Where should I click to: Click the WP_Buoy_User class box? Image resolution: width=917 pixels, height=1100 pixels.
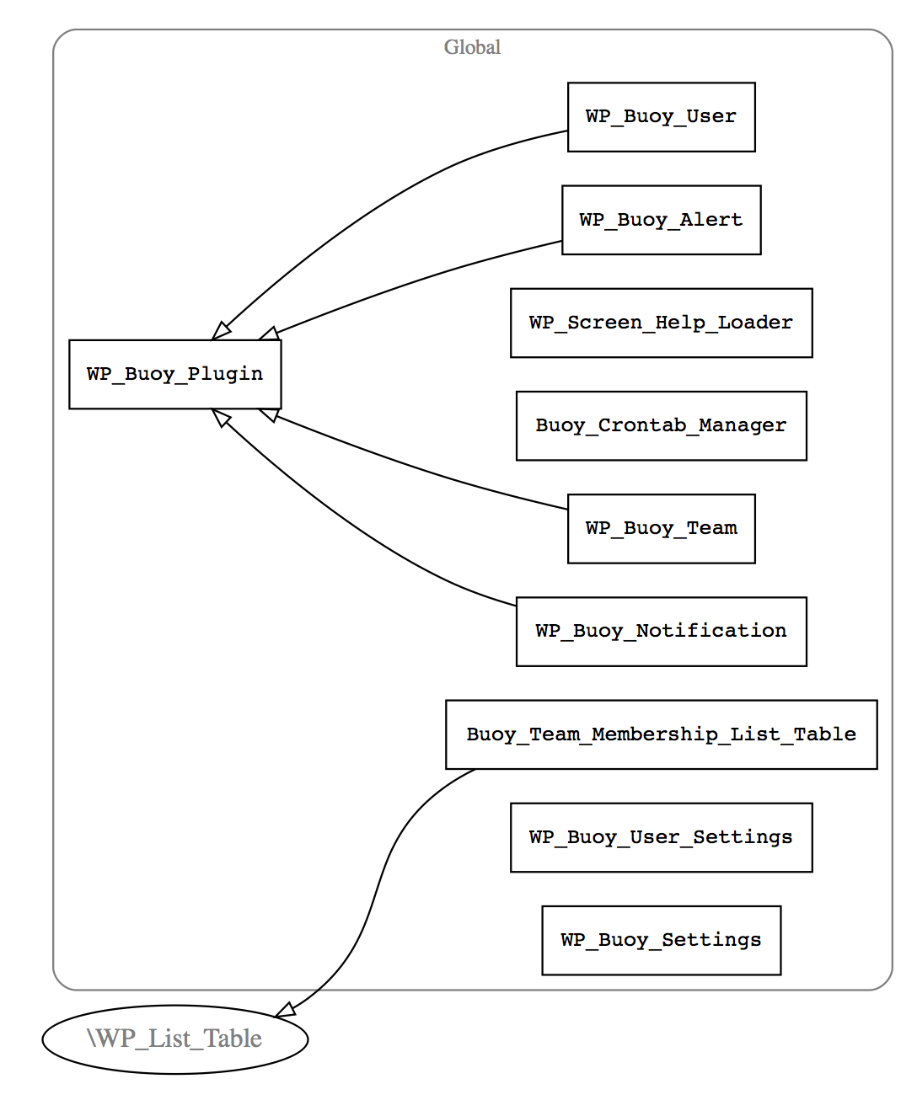click(661, 117)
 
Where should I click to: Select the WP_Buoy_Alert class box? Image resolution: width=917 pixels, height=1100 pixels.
click(661, 220)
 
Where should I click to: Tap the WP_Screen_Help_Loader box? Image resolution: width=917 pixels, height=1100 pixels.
click(661, 323)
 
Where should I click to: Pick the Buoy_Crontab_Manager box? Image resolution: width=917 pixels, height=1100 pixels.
click(661, 425)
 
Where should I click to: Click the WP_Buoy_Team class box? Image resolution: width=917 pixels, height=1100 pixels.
click(661, 528)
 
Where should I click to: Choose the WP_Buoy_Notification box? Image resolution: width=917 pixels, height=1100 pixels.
click(661, 631)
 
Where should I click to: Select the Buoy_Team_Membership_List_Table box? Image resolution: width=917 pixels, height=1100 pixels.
click(661, 734)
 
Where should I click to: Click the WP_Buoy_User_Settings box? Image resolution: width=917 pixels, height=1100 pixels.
click(661, 837)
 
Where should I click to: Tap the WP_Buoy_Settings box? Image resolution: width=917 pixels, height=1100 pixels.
click(661, 940)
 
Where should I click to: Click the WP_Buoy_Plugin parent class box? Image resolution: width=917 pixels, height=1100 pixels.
click(174, 374)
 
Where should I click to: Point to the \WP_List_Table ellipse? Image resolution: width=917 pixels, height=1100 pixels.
click(174, 1039)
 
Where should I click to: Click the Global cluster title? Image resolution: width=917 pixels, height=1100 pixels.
click(472, 47)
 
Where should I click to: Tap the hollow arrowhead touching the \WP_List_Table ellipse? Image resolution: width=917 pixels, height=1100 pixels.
click(286, 1011)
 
